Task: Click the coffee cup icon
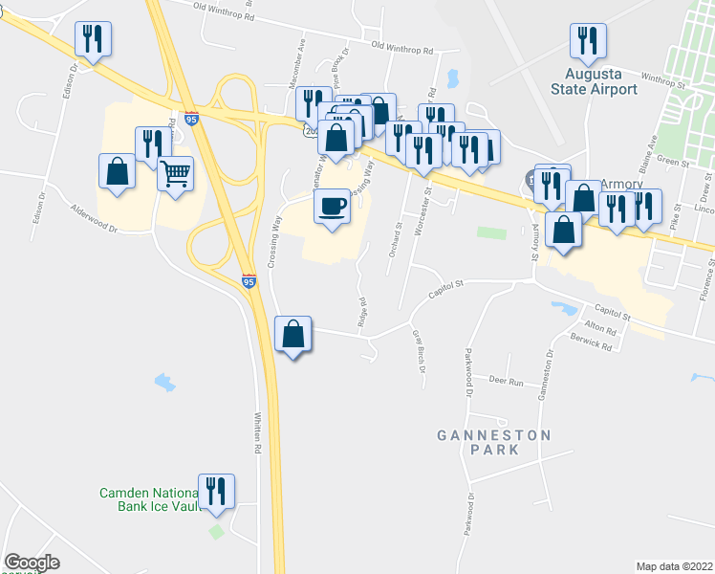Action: pos(332,207)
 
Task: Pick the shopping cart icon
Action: pos(175,175)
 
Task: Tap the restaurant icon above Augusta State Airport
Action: pos(586,40)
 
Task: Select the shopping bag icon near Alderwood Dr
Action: pos(117,172)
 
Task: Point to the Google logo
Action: pos(32,563)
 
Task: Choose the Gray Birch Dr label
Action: pos(418,351)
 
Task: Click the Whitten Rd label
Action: pos(257,433)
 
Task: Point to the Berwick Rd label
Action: pos(596,344)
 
